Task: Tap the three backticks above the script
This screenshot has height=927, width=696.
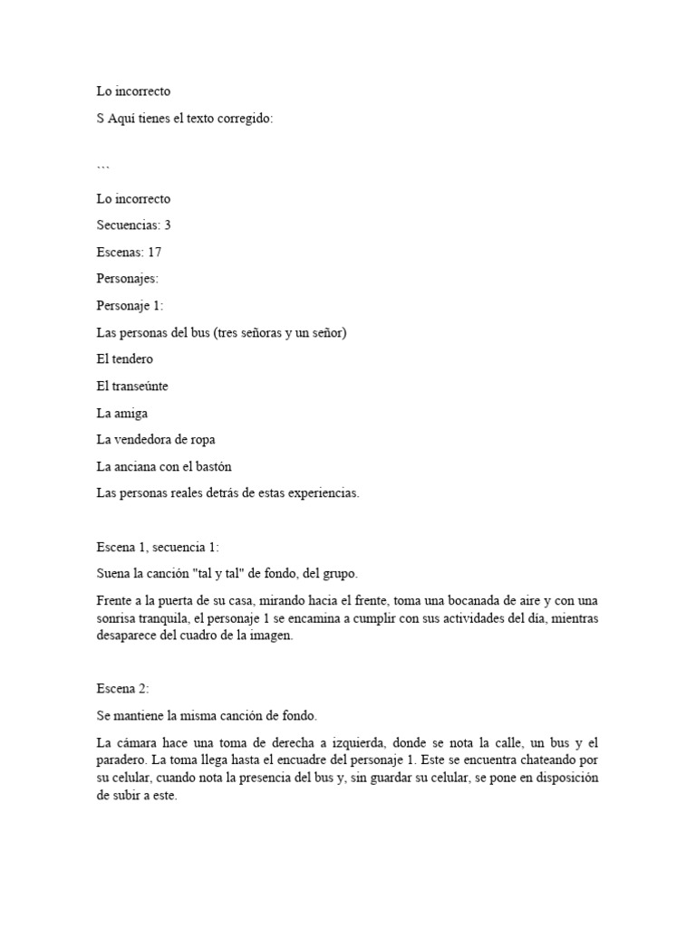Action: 103,167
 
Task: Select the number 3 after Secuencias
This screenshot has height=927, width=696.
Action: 168,225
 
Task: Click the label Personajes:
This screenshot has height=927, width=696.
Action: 128,279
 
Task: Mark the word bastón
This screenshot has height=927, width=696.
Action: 223,466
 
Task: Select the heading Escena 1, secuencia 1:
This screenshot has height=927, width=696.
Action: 158,547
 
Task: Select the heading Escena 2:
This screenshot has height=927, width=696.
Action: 121,689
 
